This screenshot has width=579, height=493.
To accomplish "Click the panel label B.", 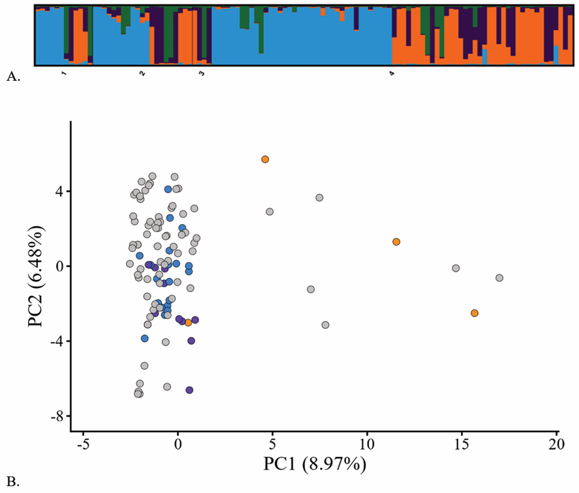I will pyautogui.click(x=13, y=479).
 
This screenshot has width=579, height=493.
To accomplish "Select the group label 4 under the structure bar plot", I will pyautogui.click(x=392, y=74).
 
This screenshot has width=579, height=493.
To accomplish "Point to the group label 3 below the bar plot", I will pyautogui.click(x=202, y=74).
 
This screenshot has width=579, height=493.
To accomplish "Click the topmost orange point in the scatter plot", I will pyautogui.click(x=265, y=159).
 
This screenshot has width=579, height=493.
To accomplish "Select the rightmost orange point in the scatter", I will pyautogui.click(x=474, y=313).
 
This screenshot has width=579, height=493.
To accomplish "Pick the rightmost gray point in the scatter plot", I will pyautogui.click(x=499, y=278).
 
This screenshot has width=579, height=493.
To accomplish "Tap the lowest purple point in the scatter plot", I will pyautogui.click(x=189, y=390).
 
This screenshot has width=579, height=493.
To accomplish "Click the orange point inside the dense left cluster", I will pyautogui.click(x=188, y=322).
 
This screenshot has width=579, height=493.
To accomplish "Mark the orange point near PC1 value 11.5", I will pyautogui.click(x=397, y=242).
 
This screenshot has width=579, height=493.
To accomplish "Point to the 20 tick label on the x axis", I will pyautogui.click(x=557, y=444).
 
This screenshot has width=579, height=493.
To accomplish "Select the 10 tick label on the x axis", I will pyautogui.click(x=367, y=444).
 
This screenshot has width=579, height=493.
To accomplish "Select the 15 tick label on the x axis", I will pyautogui.click(x=462, y=444).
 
